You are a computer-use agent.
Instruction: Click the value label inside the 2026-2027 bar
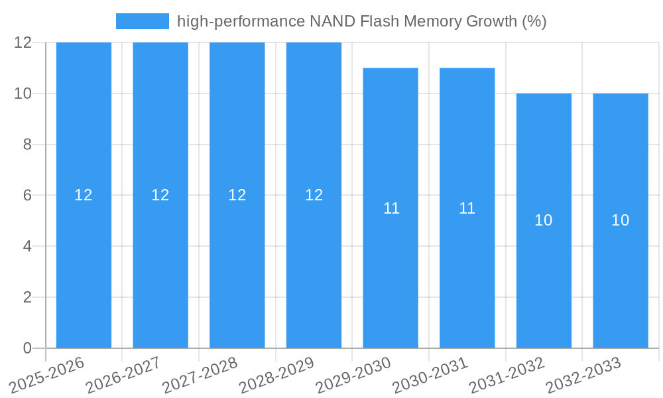(x=160, y=195)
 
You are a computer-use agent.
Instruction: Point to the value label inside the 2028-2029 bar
(x=314, y=195)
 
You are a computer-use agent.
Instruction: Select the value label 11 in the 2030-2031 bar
(x=467, y=208)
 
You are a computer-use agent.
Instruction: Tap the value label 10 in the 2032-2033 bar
(x=621, y=220)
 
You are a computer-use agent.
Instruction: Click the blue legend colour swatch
(x=142, y=21)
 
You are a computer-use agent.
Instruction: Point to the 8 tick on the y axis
(x=27, y=145)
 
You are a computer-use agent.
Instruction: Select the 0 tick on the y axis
(x=27, y=348)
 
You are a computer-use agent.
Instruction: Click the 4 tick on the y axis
(x=27, y=246)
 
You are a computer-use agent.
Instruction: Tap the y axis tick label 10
(x=23, y=94)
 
